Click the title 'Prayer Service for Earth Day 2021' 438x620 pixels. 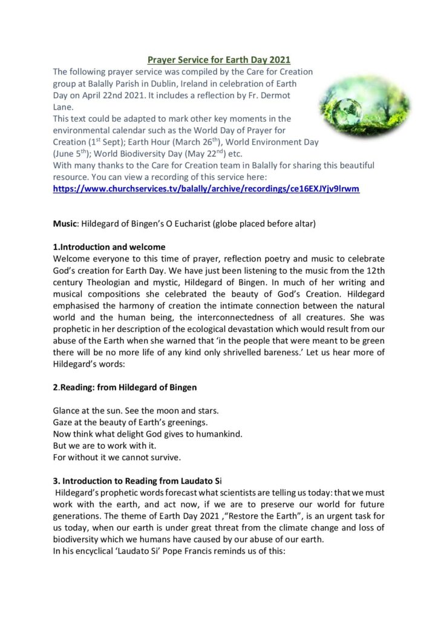tap(219, 59)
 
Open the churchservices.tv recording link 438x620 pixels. tap(206, 188)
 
